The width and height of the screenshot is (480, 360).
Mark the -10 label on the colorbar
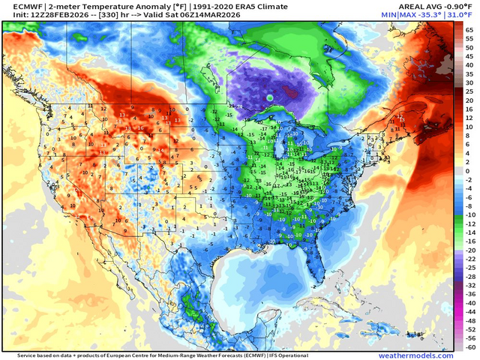[x=469, y=214]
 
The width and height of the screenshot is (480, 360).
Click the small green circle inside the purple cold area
[x=269, y=97]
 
